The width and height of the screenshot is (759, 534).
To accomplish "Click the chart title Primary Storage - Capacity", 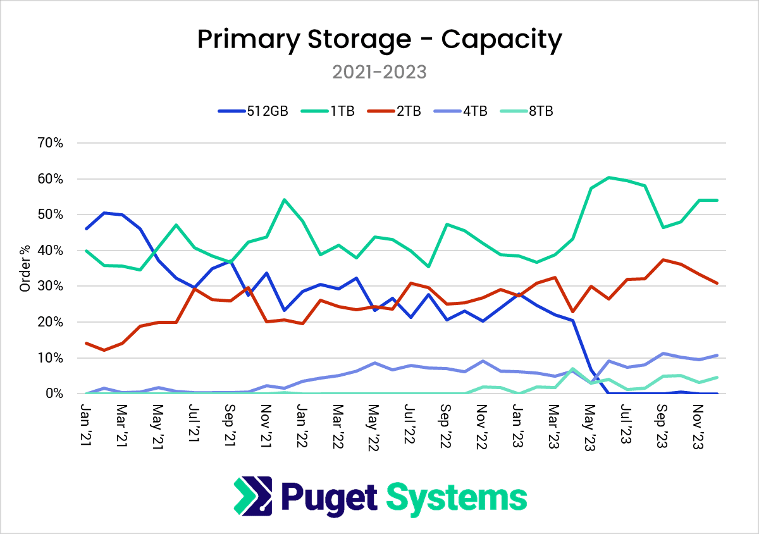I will click(x=379, y=39).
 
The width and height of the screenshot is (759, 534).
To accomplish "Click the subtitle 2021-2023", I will click(x=379, y=72).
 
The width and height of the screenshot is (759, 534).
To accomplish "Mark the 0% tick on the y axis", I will click(x=53, y=394).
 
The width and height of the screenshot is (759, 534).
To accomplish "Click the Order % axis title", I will click(x=25, y=268).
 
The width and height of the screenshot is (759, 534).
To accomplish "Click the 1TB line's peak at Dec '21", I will click(x=284, y=199).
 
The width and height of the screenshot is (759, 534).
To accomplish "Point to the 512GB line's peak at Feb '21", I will click(x=104, y=213).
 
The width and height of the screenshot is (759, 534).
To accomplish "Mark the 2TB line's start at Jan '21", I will click(x=86, y=343).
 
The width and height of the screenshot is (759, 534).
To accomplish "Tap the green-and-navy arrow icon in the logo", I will click(x=253, y=496).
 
